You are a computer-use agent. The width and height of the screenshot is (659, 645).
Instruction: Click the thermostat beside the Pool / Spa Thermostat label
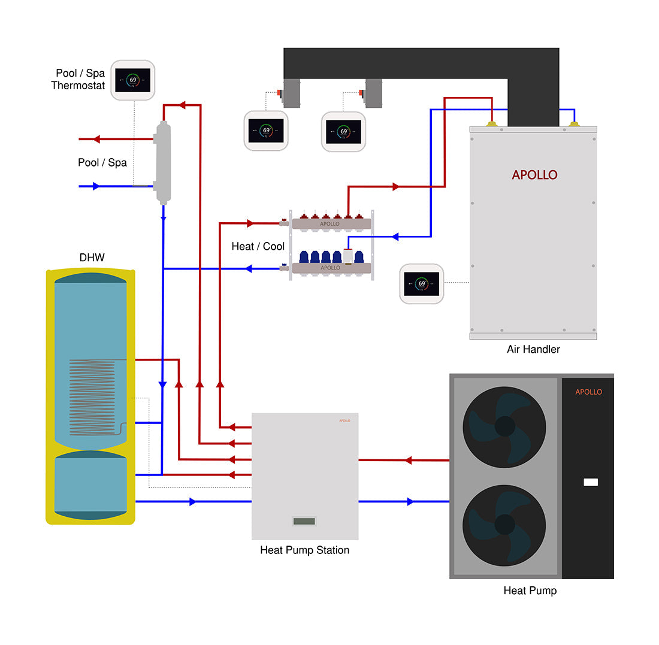[132, 80]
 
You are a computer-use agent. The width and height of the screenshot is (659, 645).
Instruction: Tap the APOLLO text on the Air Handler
[534, 175]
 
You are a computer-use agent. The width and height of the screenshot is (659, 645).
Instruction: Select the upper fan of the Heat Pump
[505, 426]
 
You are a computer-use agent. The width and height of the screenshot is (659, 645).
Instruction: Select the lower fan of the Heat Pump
[505, 524]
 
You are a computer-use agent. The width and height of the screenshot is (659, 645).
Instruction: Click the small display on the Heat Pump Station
[304, 521]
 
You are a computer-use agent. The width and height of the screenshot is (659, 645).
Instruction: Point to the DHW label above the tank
[92, 258]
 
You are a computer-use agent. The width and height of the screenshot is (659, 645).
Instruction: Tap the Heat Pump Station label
[304, 550]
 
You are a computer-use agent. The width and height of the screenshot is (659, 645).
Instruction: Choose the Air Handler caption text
[533, 349]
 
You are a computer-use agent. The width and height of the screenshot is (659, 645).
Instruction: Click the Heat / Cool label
[258, 247]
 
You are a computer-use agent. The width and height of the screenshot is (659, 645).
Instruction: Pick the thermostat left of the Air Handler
[422, 284]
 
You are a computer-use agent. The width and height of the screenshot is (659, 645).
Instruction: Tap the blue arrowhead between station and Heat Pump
[410, 501]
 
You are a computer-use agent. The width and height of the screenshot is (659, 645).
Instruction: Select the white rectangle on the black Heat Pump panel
[591, 482]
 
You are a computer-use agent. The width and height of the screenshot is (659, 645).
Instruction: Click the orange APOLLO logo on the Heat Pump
[588, 392]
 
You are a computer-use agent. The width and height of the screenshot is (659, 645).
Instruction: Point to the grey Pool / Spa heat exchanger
[163, 162]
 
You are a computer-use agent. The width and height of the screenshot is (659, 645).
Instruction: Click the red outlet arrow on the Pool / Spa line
[96, 140]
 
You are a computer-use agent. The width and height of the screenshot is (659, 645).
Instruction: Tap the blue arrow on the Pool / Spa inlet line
[96, 186]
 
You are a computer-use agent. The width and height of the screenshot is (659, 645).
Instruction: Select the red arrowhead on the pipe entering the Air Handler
[395, 187]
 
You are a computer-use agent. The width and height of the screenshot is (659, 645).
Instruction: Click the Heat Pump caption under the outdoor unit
[530, 591]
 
